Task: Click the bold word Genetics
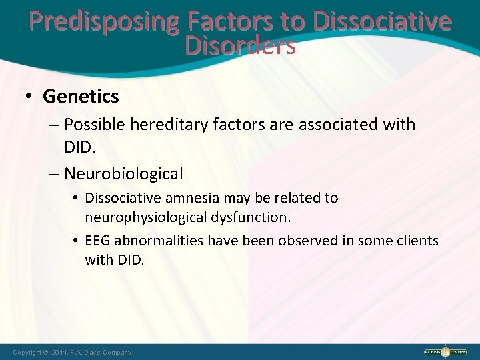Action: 81,97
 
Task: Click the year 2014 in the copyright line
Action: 57,352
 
